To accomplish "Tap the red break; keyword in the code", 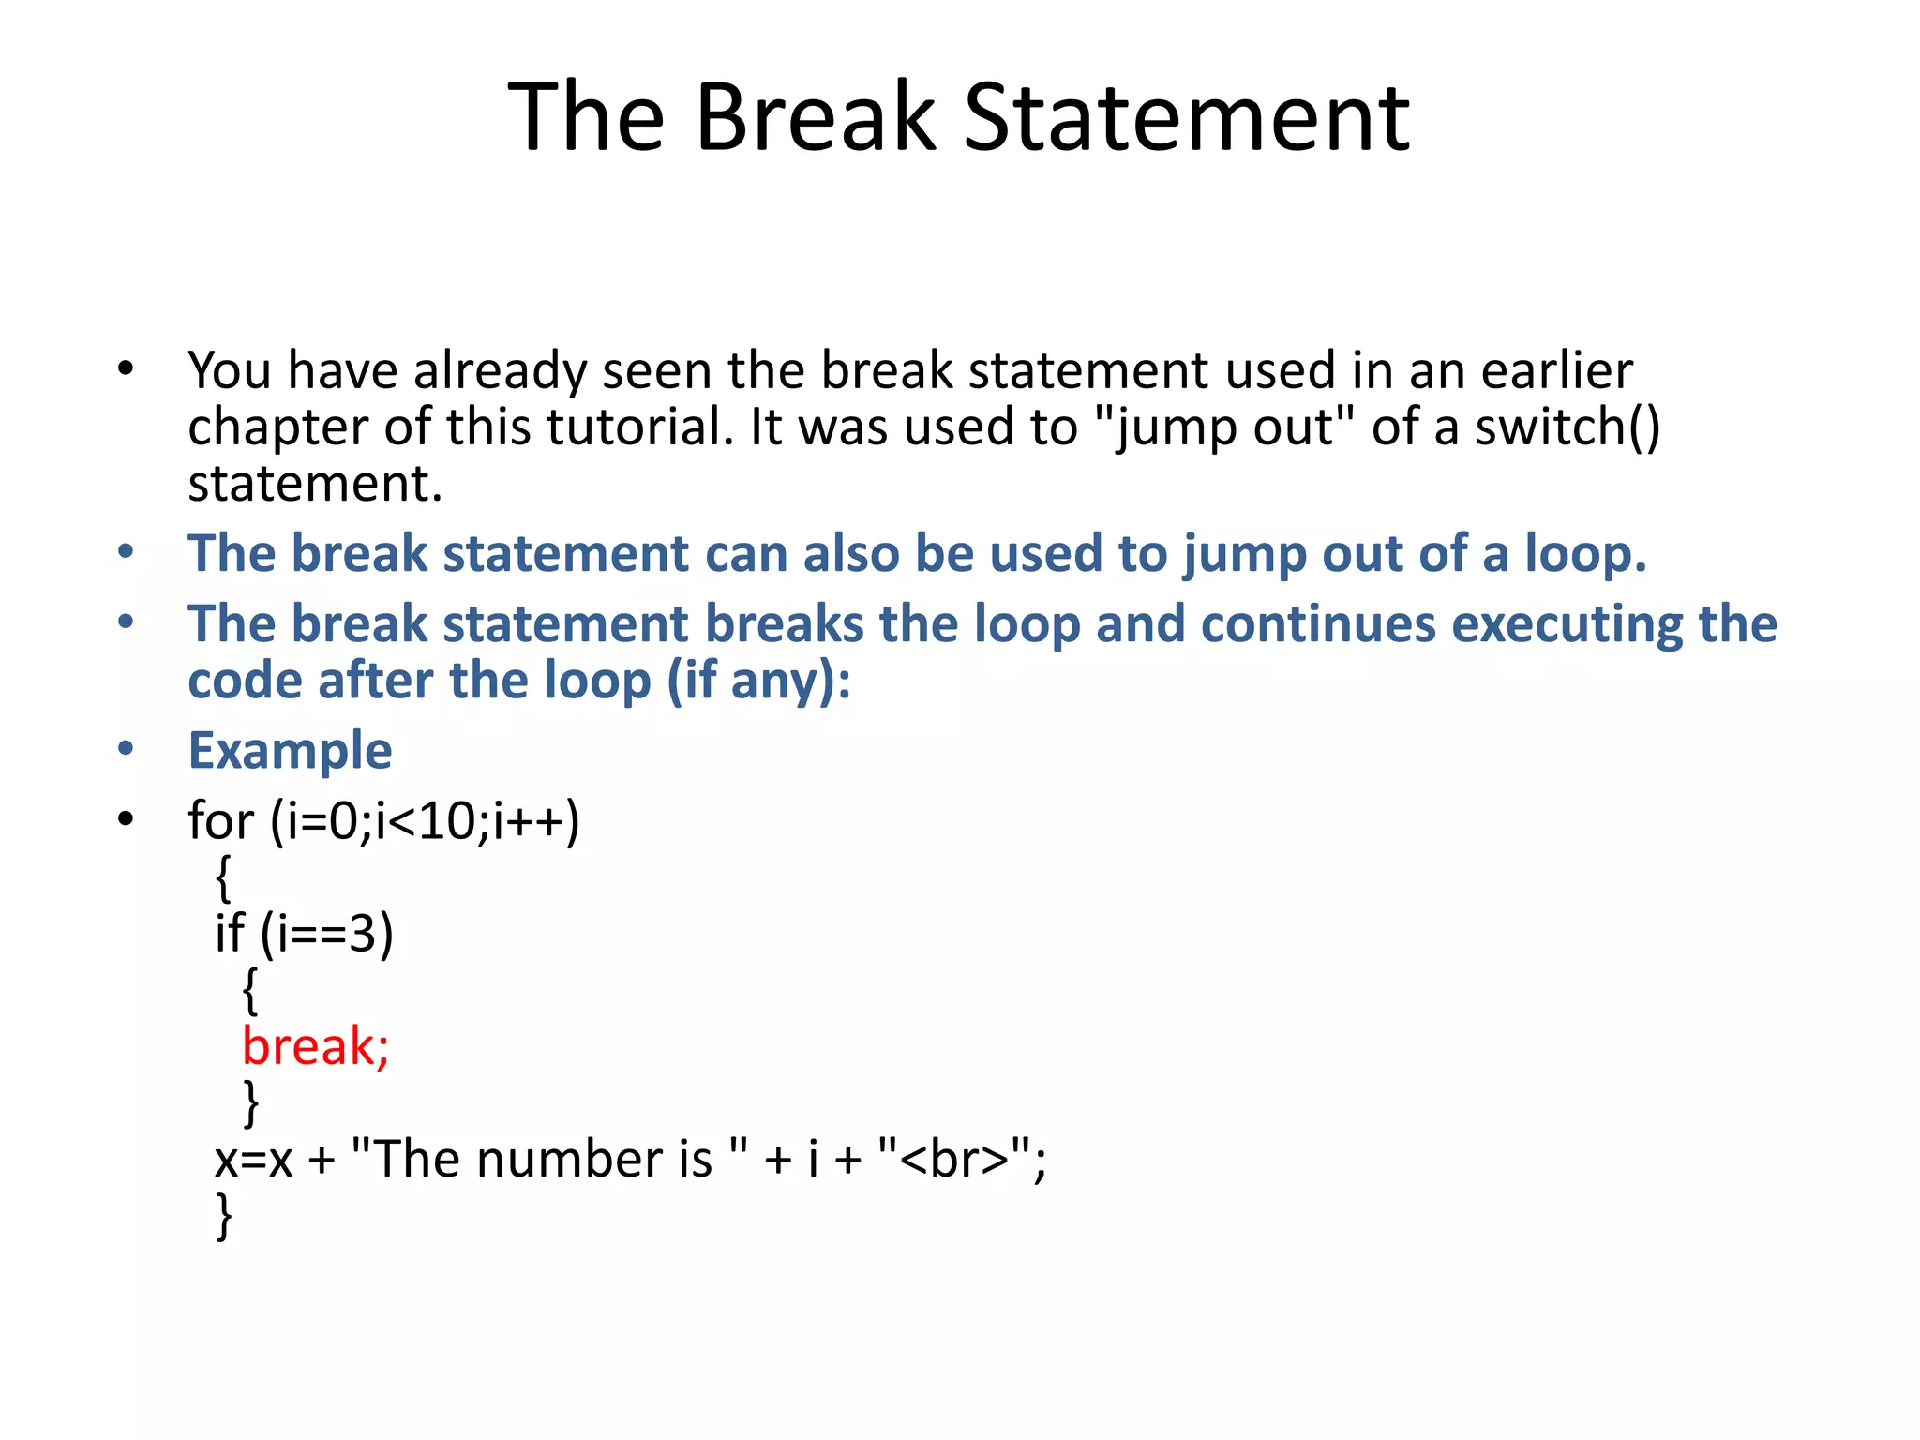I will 315,1046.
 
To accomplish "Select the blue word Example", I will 290,751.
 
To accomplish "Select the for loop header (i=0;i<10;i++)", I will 383,821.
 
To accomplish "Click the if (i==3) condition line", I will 304,934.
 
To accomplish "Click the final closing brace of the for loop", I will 224,1216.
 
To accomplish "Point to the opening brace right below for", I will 223,878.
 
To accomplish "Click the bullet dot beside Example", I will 126,749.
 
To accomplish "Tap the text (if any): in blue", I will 758,681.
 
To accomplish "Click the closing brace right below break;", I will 250,1103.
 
